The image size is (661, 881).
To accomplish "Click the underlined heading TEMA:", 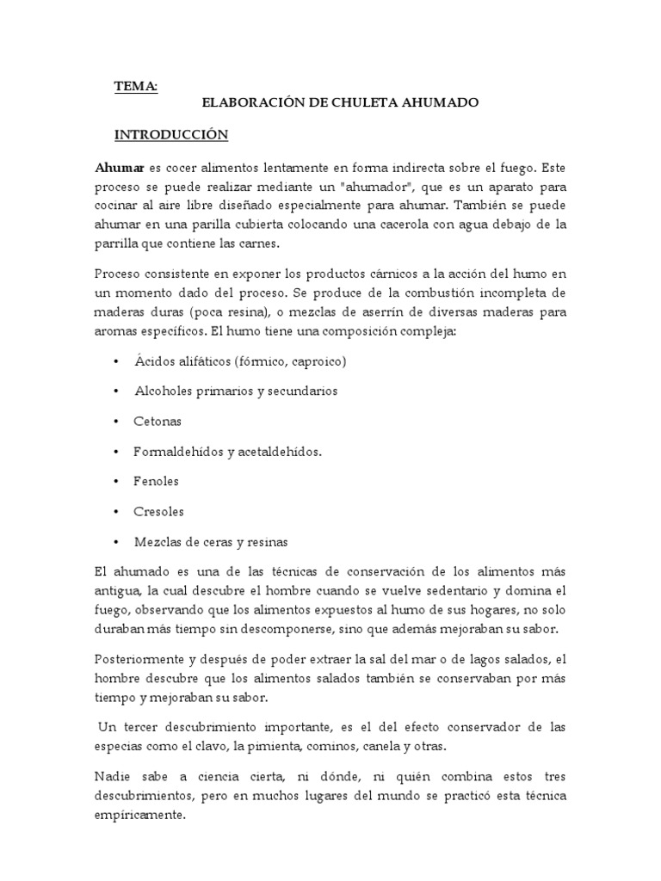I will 136,85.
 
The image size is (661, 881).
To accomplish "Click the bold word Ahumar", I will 120,167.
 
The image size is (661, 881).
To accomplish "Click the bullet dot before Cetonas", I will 116,422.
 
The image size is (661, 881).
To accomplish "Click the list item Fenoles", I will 156,482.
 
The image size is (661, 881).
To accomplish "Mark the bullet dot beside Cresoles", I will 116,512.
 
